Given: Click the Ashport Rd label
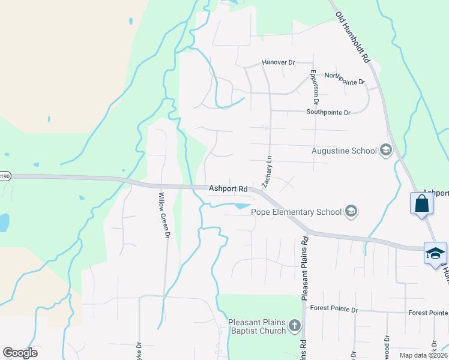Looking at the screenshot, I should click(228, 188).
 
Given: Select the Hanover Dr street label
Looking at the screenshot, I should click(279, 62).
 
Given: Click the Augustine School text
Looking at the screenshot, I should click(343, 151).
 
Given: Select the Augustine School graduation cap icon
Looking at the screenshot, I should click(385, 151).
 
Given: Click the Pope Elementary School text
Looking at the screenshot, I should click(296, 212).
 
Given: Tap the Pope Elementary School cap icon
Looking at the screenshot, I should click(351, 211).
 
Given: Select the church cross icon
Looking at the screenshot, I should click(294, 326).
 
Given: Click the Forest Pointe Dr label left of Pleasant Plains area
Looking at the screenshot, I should click(333, 310).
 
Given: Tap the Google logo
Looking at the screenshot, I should click(20, 353).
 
